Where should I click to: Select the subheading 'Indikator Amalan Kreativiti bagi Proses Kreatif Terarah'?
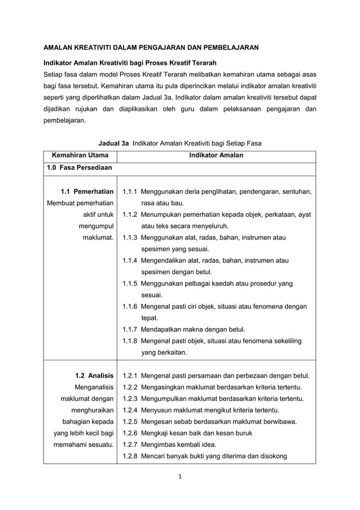click(130, 62)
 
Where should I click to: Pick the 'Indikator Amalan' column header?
click(216, 155)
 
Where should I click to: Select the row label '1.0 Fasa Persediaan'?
click(80, 168)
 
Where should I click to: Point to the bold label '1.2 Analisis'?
click(94, 375)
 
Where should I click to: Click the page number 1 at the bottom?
click(180, 478)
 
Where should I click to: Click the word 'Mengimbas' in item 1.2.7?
click(159, 444)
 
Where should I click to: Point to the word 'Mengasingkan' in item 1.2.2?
click(164, 387)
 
